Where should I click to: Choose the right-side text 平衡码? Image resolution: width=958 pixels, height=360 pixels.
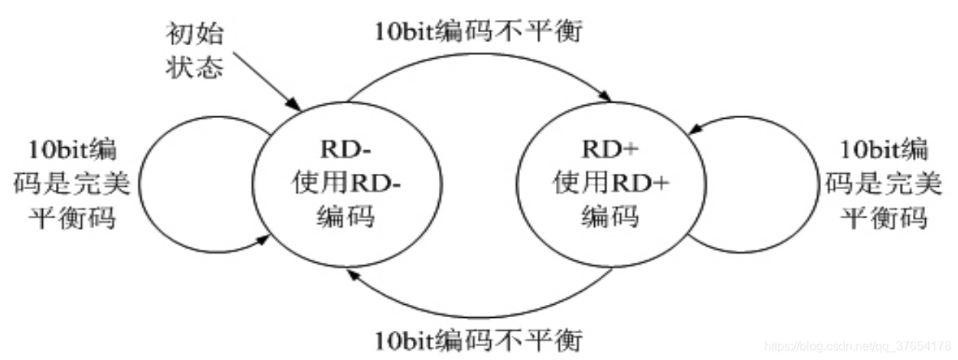(884, 218)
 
